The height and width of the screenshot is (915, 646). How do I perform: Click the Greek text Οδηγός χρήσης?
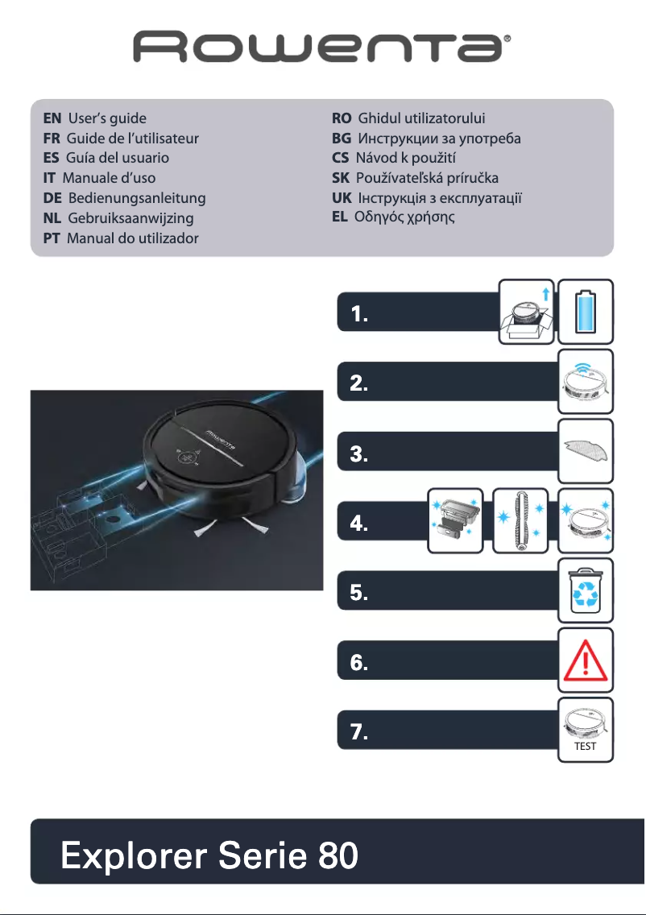coord(405,217)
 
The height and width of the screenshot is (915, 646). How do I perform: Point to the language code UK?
coord(342,197)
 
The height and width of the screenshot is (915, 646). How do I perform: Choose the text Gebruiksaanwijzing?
coord(131,217)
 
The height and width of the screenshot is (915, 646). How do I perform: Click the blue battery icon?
coord(586,307)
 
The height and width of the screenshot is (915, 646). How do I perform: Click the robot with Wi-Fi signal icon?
coord(586,377)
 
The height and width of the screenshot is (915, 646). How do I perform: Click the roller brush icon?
coord(520,520)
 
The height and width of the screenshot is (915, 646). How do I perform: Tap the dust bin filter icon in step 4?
coord(455,520)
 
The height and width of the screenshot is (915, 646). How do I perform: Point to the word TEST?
coord(586,747)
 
